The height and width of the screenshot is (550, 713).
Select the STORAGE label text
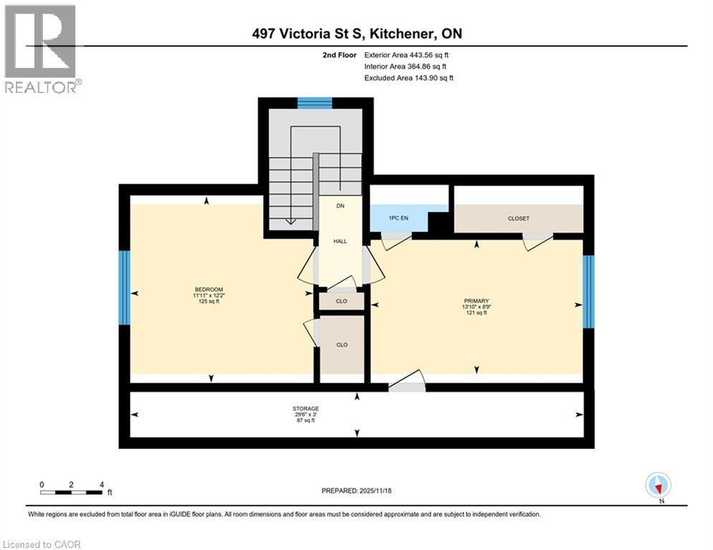(305, 408)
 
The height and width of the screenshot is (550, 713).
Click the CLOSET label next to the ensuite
(518, 218)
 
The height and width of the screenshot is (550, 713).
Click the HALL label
(340, 241)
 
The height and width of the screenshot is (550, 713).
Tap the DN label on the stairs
(340, 206)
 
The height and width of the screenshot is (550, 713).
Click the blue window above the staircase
(315, 102)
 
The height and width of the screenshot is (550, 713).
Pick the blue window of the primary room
(588, 291)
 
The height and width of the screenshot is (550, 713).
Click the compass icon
(657, 486)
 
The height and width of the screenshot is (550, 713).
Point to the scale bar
(72, 492)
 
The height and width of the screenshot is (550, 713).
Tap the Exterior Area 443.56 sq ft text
(406, 54)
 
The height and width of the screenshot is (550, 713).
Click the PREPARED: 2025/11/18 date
(357, 491)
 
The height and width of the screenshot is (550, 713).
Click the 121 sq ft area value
(477, 313)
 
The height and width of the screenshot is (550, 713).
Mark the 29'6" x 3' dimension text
(305, 415)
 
